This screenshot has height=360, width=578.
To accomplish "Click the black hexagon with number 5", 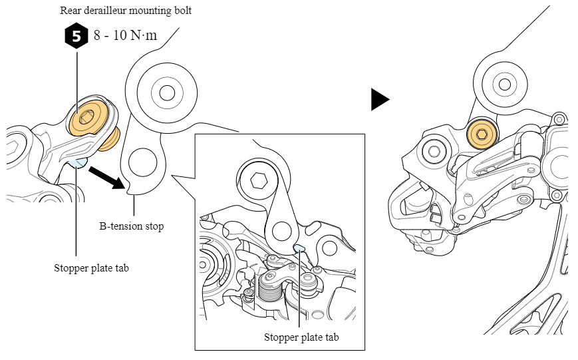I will (76, 36).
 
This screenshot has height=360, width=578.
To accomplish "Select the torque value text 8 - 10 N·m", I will (125, 35).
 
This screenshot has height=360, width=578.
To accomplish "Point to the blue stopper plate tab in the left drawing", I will (79, 162).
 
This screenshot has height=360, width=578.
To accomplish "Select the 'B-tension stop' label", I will (131, 226).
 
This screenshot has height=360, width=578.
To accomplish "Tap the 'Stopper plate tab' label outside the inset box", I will (91, 269).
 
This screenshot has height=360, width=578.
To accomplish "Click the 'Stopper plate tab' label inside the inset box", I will (301, 337).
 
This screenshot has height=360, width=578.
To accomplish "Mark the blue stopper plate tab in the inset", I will (299, 249).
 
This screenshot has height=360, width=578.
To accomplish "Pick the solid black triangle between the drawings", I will (380, 100).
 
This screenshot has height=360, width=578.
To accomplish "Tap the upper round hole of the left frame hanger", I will (166, 91).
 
